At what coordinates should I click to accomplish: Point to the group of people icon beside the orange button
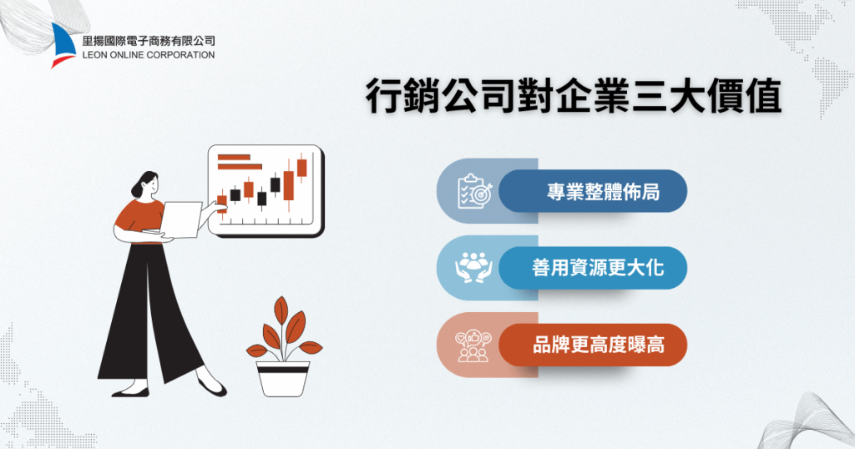pos(473,345)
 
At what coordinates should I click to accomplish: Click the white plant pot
pos(283,377)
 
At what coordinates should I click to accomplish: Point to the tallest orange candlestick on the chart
pos(289,184)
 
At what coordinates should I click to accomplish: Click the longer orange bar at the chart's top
pos(234,155)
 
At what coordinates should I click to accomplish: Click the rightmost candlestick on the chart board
pos(301,167)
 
